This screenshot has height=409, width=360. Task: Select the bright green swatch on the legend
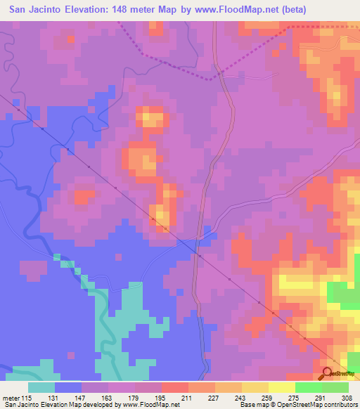pos(308,388)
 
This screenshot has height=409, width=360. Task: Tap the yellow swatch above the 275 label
pos(281,388)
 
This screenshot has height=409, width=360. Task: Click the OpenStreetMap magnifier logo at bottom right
pos(328,373)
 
